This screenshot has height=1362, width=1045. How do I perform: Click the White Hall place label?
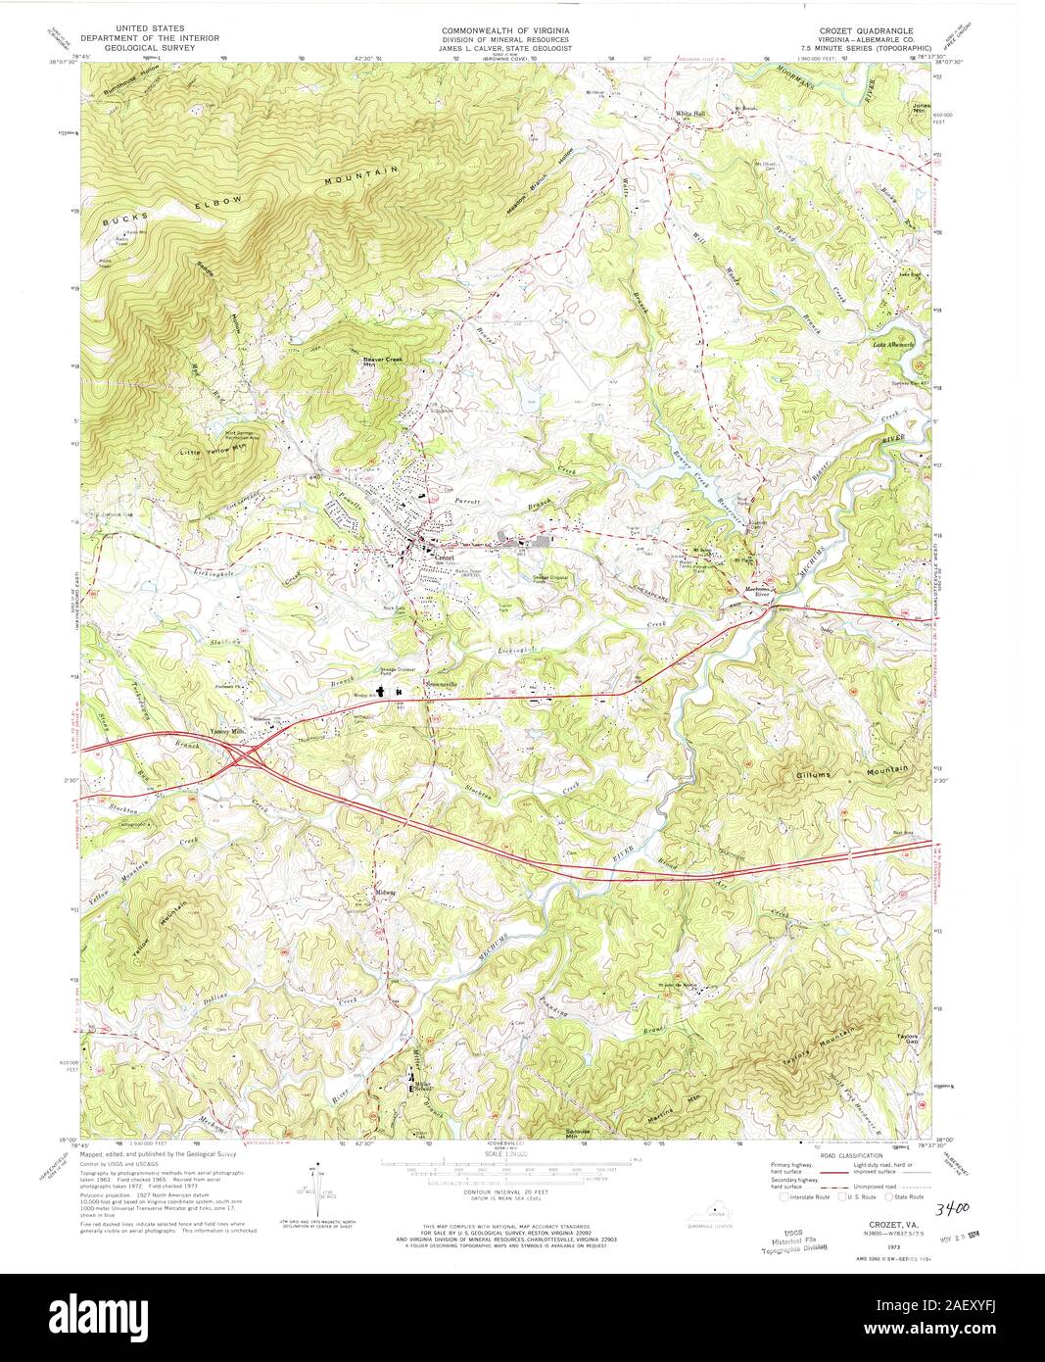coord(689,114)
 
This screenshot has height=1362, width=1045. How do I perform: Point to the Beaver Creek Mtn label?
coord(383,361)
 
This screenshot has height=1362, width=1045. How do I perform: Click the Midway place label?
coord(386,892)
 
